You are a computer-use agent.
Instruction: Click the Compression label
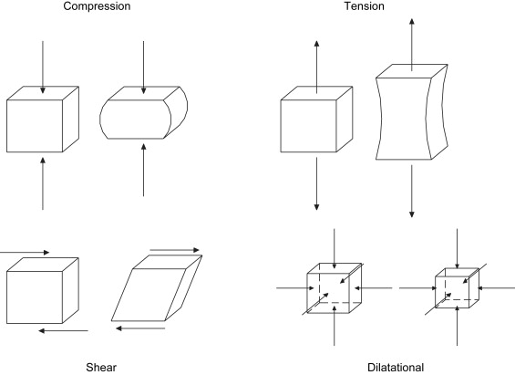[97, 6]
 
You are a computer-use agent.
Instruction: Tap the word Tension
[365, 5]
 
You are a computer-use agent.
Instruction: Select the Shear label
[101, 367]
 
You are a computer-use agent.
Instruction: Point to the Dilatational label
[396, 367]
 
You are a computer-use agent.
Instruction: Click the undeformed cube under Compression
[43, 120]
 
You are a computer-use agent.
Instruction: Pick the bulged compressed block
[143, 112]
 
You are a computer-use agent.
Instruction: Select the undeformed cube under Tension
[316, 120]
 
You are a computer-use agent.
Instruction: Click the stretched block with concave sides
[412, 112]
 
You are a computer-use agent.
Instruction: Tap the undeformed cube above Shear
[43, 290]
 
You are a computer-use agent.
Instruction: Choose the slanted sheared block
[157, 288]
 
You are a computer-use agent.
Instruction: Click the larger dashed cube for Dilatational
[335, 288]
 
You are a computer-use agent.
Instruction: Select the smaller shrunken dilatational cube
[457, 288]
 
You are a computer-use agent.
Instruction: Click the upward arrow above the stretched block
[411, 45]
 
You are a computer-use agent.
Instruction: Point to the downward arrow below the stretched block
[411, 191]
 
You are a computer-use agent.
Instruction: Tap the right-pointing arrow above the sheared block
[175, 250]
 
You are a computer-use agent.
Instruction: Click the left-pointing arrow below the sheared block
[140, 328]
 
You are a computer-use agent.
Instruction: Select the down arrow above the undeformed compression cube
[42, 68]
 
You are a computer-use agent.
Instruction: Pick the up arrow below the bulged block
[143, 170]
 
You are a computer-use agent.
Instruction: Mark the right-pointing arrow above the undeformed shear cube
[25, 253]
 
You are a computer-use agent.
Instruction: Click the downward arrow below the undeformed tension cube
[316, 183]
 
